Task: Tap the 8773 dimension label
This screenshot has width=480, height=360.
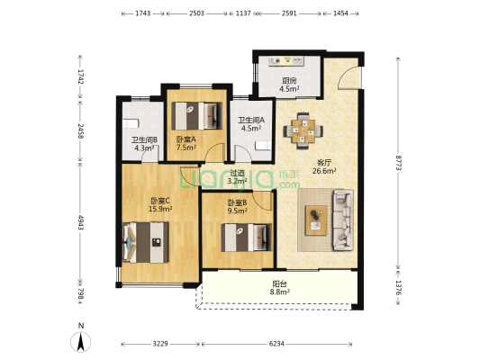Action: (398, 163)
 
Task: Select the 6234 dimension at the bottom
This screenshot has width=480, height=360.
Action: (276, 344)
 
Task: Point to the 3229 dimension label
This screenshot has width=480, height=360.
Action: (160, 344)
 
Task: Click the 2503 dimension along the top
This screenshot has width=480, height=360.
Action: (196, 13)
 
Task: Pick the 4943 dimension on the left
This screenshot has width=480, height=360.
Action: (80, 222)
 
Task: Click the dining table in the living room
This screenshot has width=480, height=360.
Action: (303, 130)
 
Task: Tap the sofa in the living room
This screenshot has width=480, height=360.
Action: (343, 220)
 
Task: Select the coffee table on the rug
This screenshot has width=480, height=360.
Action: (316, 220)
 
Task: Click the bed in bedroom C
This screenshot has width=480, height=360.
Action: (145, 242)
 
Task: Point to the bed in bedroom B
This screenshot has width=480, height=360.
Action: (247, 238)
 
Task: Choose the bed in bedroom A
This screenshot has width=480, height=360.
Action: (196, 116)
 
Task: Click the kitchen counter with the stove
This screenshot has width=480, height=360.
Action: (286, 61)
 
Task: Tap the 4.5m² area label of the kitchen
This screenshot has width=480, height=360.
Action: (289, 89)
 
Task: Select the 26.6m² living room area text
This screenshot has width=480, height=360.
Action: (324, 171)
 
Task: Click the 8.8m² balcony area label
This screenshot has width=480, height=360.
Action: (280, 292)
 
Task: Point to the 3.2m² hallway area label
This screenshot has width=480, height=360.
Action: (237, 181)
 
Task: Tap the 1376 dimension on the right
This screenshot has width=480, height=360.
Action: (398, 287)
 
